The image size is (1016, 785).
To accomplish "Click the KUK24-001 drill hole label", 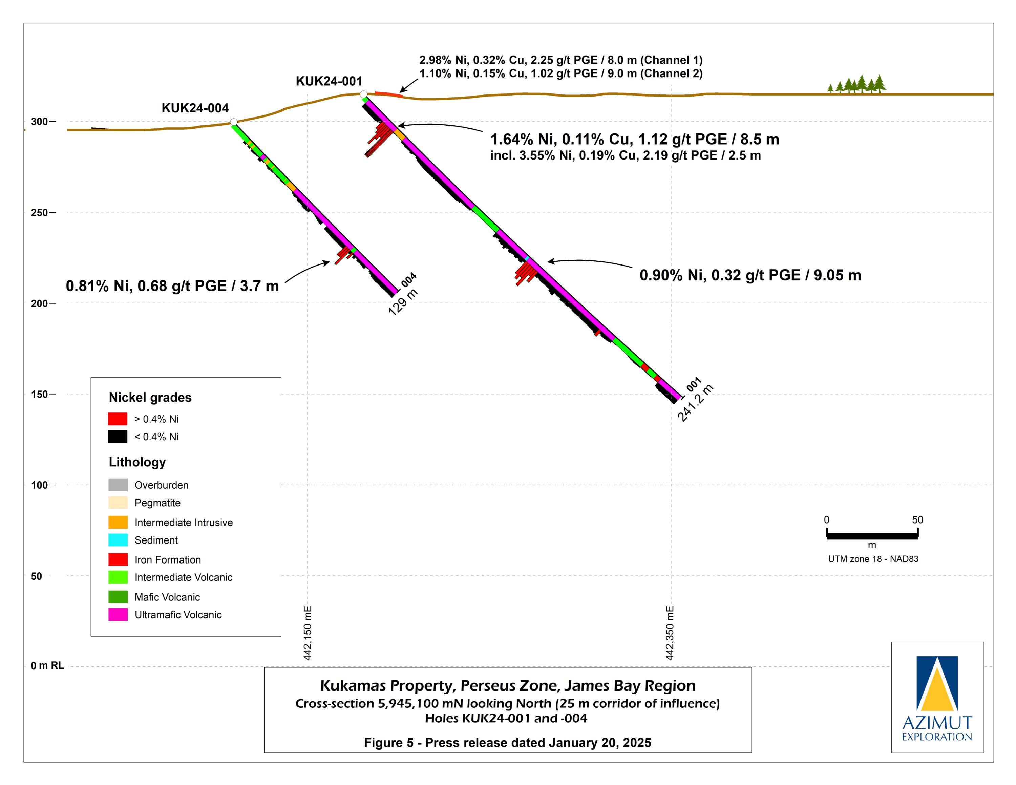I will [329, 81].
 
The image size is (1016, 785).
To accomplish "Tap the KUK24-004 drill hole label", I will [195, 108].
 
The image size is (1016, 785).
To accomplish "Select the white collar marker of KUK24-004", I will [234, 122].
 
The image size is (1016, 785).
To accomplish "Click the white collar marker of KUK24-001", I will [364, 95].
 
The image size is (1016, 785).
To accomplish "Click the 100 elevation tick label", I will [40, 485].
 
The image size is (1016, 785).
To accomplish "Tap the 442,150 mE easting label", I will [308, 633].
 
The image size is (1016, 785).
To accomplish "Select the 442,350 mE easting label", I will [670, 633].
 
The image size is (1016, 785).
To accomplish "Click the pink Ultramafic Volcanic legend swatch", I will [118, 615].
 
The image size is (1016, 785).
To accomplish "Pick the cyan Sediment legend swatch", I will [118, 540].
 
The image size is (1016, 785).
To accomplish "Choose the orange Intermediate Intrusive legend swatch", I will [118, 522].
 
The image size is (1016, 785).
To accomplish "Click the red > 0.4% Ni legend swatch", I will [118, 419].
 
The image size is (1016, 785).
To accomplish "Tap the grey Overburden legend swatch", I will [118, 485].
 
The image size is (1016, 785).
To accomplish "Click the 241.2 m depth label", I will [695, 404].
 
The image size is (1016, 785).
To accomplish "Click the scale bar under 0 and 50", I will [872, 536].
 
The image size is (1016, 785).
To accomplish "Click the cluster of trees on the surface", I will [857, 85].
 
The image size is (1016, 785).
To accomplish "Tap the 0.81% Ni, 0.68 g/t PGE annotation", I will [172, 286].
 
